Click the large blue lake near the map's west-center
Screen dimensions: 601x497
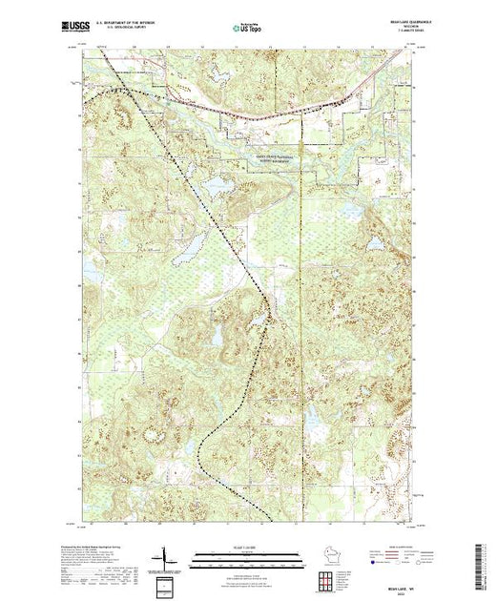189,245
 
